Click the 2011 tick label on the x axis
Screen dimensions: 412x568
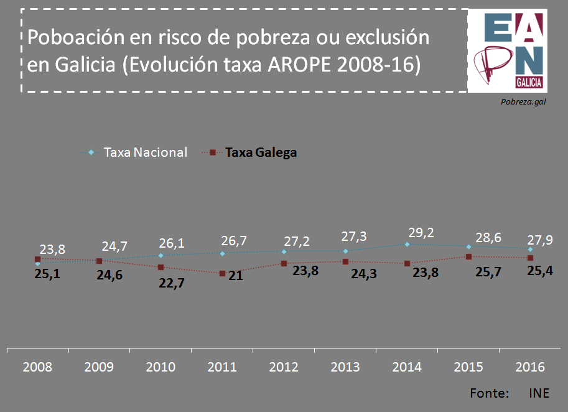pos(222,367)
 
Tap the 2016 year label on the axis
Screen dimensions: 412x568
pos(530,367)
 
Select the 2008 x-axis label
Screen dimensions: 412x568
pos(37,367)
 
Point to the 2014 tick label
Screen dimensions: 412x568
pos(407,367)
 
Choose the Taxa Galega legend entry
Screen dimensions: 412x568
pos(261,152)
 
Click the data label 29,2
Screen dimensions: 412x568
pos(421,233)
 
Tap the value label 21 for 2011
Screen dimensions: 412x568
pos(235,276)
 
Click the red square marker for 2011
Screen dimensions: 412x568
pos(222,273)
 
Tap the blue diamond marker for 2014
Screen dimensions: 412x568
pos(407,245)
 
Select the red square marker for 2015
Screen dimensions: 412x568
pos(468,256)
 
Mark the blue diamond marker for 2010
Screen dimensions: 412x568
pos(161,255)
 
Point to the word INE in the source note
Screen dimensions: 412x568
pos(539,393)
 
